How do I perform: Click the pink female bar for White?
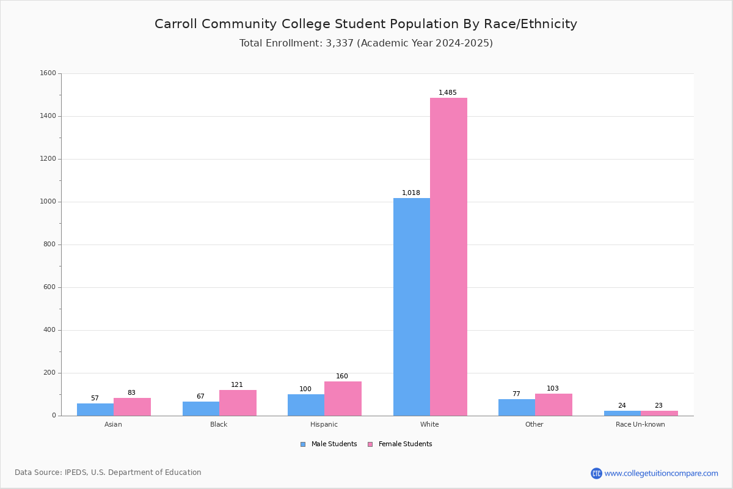(x=448, y=257)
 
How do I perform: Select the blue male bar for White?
(x=412, y=307)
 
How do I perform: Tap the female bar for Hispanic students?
(x=343, y=399)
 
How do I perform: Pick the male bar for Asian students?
(x=95, y=410)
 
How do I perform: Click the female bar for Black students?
(x=238, y=403)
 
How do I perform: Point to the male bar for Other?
(x=517, y=408)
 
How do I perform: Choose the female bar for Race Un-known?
(x=659, y=413)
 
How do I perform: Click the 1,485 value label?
(x=447, y=92)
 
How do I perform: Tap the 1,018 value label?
(x=410, y=193)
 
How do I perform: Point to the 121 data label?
(x=237, y=384)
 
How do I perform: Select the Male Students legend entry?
(x=329, y=444)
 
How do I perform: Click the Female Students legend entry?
(x=400, y=444)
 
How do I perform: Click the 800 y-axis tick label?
(x=49, y=244)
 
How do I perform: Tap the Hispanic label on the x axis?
(x=324, y=424)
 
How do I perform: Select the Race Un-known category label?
(x=640, y=424)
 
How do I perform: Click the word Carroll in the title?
(x=175, y=24)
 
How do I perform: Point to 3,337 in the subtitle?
(x=340, y=43)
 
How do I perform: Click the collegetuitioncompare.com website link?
(x=661, y=473)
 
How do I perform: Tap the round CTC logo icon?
(x=596, y=473)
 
